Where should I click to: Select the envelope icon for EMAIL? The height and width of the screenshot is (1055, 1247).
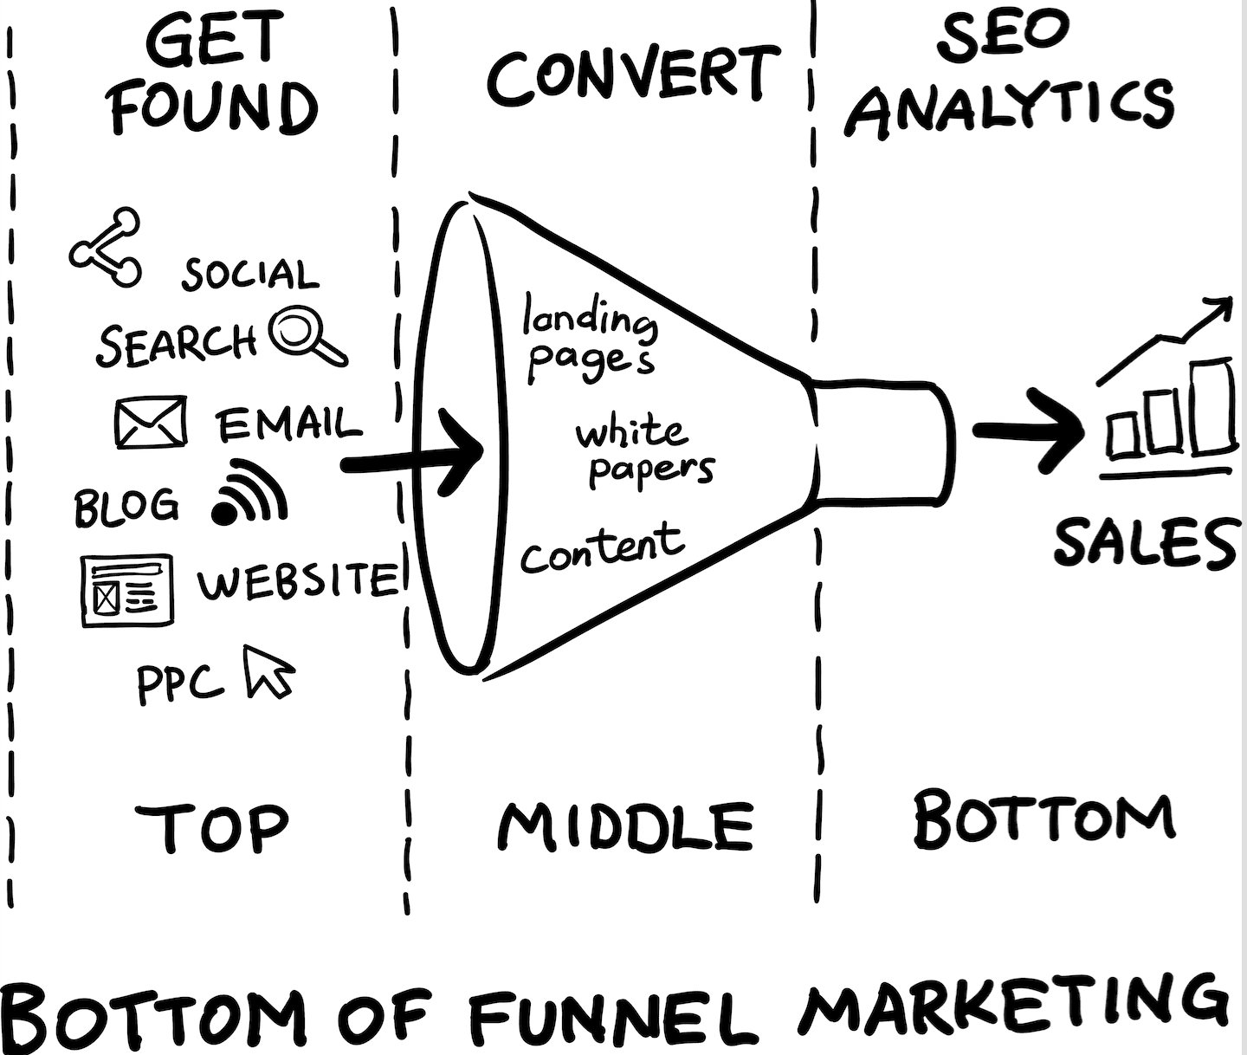point(150,422)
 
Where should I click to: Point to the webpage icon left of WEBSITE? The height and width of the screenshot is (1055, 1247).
point(127,590)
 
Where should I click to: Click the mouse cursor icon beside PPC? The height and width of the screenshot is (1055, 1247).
point(268,672)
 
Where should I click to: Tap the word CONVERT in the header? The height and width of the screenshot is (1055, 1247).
point(633,76)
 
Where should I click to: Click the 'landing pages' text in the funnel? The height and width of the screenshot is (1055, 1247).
point(590,338)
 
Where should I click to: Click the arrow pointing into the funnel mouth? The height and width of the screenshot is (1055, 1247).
point(413,459)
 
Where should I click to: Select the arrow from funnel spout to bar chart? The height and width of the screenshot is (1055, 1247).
point(1028,430)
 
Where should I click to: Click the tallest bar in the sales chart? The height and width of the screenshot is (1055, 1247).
point(1211,405)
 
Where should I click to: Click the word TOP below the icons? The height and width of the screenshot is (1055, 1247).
point(212,828)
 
